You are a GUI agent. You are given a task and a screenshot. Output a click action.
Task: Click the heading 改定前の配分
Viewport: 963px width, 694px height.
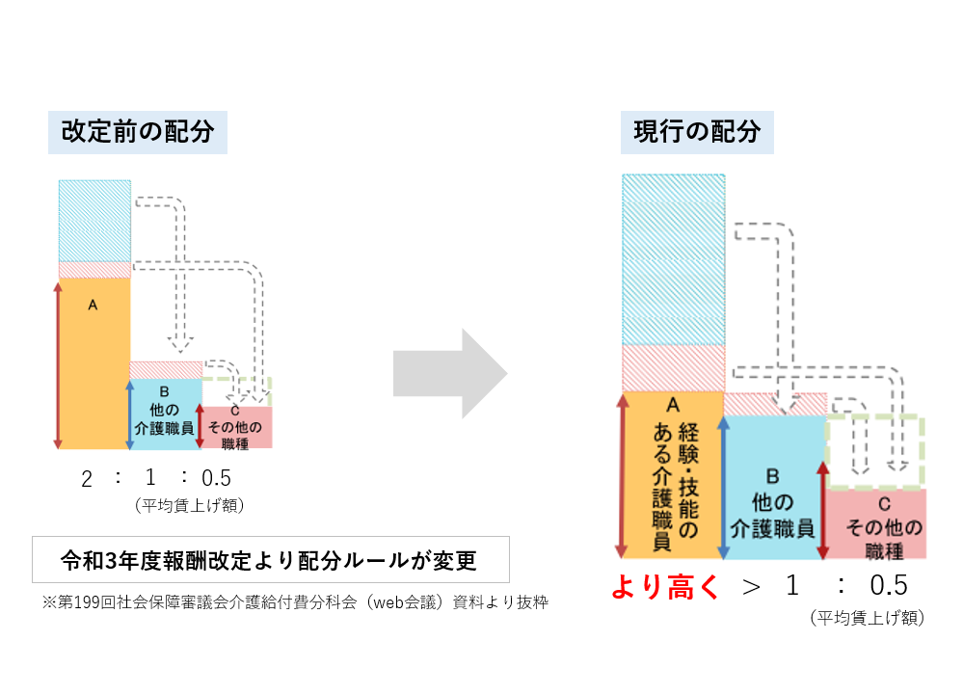(137, 131)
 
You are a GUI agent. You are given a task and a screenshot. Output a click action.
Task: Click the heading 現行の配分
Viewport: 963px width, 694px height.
(696, 131)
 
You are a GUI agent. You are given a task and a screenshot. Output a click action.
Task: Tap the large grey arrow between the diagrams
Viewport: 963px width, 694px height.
(450, 374)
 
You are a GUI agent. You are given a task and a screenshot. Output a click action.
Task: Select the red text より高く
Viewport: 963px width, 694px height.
(665, 588)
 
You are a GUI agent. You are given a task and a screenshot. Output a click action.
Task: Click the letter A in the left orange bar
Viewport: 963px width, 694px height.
(93, 305)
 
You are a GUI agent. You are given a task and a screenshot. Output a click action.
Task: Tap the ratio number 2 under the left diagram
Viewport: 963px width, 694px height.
(87, 479)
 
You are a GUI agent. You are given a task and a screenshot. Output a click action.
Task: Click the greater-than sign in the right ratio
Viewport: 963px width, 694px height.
(751, 587)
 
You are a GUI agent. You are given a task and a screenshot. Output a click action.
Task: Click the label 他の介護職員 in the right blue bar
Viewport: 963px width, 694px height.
(773, 516)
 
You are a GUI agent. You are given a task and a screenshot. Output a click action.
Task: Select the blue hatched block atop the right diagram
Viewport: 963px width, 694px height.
(673, 258)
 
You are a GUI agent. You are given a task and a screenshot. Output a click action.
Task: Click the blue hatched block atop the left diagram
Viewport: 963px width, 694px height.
(94, 220)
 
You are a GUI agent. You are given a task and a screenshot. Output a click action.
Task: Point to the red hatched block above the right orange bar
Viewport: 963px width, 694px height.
(673, 367)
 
